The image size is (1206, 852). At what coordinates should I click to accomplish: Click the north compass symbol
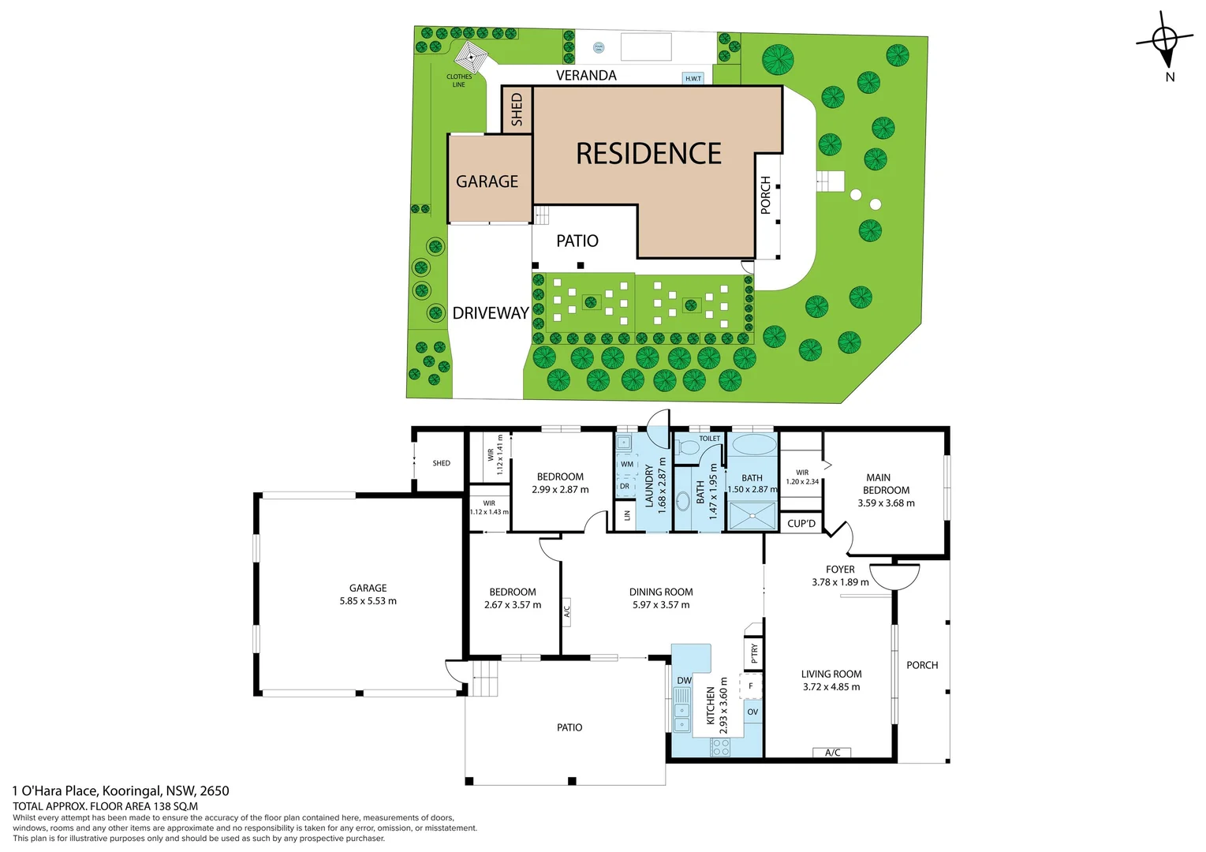coord(1165,40)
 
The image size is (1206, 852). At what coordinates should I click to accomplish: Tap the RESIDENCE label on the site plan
coord(648,154)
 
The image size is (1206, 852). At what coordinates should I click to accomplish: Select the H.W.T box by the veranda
coord(693,78)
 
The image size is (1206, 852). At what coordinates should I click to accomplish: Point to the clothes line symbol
coord(470,57)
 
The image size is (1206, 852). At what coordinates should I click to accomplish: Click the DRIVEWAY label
coord(490,313)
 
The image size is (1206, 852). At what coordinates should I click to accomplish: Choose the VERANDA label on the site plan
coord(586,76)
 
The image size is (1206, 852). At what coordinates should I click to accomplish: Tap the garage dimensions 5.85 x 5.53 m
coord(368,601)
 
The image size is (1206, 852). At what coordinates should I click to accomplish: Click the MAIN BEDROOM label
coord(885,484)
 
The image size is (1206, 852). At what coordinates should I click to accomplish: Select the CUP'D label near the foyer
coord(801,524)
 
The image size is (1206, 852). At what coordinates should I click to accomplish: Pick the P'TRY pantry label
coord(754,653)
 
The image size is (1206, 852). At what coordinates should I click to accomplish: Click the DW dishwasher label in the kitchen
coord(684,681)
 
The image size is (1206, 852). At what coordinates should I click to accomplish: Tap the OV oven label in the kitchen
coord(752,712)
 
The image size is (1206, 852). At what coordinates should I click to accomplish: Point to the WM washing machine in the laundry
coord(627,465)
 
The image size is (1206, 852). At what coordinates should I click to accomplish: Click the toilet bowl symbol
coord(689,448)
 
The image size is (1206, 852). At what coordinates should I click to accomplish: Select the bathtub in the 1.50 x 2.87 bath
coord(752,444)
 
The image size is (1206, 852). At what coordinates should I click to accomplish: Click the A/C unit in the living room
coord(832,753)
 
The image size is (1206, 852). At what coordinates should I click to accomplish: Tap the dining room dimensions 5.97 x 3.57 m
coord(661,605)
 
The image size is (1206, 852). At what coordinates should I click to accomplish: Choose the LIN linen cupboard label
coord(627,515)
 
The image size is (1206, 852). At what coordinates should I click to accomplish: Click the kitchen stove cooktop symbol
coord(720,747)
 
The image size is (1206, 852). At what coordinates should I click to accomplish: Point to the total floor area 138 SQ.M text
coord(105,806)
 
